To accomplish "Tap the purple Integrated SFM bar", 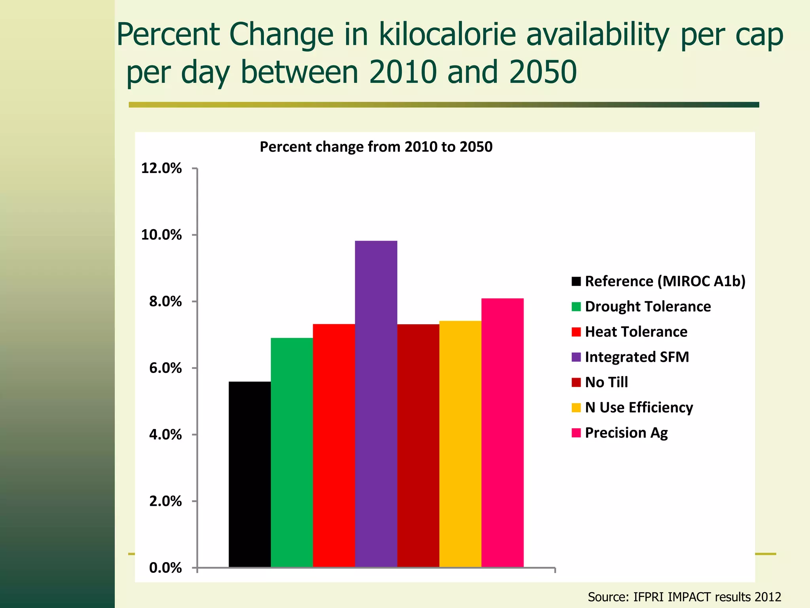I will click(x=376, y=404).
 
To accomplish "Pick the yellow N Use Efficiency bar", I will click(x=460, y=444).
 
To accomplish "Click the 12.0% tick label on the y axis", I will click(x=161, y=168).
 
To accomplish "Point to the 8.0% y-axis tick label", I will click(x=165, y=302).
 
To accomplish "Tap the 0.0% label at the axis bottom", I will click(x=165, y=568).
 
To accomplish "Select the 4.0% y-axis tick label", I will click(x=165, y=435).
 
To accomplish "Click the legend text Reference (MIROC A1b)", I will click(x=665, y=281).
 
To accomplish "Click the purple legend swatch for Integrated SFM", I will click(x=576, y=357).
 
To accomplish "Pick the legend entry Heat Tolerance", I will click(x=636, y=332).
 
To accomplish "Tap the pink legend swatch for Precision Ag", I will click(x=576, y=433).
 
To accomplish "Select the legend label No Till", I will click(x=606, y=382).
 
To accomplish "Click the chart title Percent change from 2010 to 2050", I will click(x=376, y=147).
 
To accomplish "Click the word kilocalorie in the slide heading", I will click(x=447, y=35).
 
